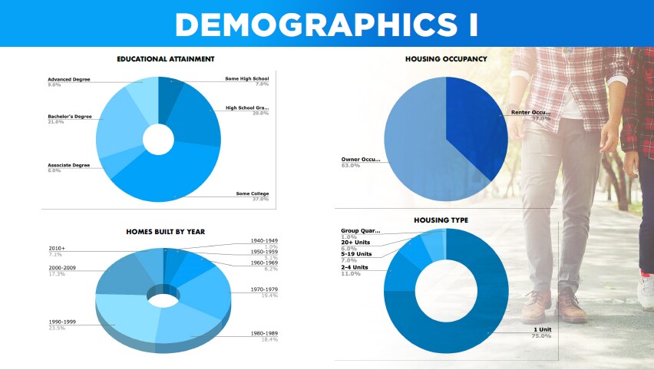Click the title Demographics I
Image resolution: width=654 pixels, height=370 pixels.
point(326,24)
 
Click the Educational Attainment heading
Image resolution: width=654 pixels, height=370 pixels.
point(165,59)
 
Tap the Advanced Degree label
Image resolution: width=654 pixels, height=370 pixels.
point(70,79)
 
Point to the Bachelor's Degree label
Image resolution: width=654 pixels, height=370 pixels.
point(70,117)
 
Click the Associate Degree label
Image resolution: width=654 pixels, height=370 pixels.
point(69,165)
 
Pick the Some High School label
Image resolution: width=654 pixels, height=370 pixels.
point(246,79)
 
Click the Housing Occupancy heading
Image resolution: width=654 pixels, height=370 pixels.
point(446,59)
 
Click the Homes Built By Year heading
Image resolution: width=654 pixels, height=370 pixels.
point(165,231)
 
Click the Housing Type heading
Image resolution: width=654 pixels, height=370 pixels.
point(441,220)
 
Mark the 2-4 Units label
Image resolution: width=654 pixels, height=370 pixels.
point(355,267)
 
